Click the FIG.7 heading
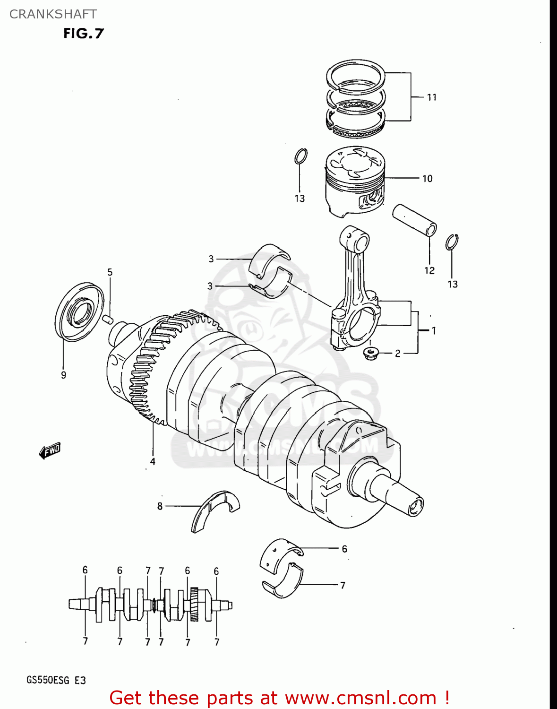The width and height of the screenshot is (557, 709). coord(83,33)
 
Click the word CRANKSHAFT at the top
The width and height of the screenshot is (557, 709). coord(53,14)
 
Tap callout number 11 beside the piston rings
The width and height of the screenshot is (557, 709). coord(431,97)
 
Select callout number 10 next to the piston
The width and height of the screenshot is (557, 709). coord(427,179)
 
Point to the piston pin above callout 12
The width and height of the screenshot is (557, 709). coord(414,220)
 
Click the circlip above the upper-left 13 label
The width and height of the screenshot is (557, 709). coord(300,156)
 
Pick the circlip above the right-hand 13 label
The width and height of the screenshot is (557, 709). coord(452,242)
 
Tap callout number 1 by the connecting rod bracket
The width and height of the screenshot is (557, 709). coord(434,331)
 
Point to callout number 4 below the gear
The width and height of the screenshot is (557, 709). coord(153,461)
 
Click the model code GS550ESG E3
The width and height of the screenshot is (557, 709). coord(56,681)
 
